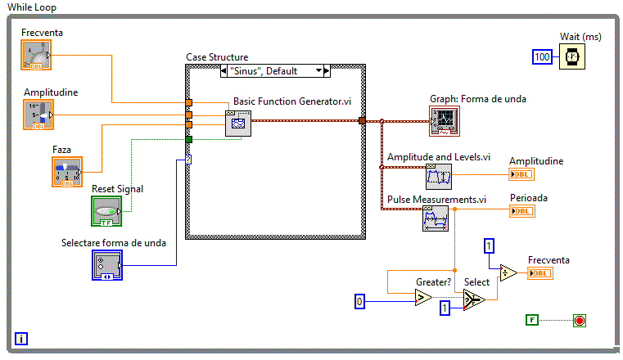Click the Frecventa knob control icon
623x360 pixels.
36,56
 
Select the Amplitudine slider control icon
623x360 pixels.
38,115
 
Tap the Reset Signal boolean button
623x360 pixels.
106,211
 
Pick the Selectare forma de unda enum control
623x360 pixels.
106,265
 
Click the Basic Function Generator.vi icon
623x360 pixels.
237,124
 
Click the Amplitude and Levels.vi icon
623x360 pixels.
438,175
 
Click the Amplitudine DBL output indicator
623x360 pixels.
521,174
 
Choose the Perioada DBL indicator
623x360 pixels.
521,211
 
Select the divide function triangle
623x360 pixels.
508,273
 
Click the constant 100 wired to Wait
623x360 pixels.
542,56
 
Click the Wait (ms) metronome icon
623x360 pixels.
572,56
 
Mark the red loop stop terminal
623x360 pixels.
580,320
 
